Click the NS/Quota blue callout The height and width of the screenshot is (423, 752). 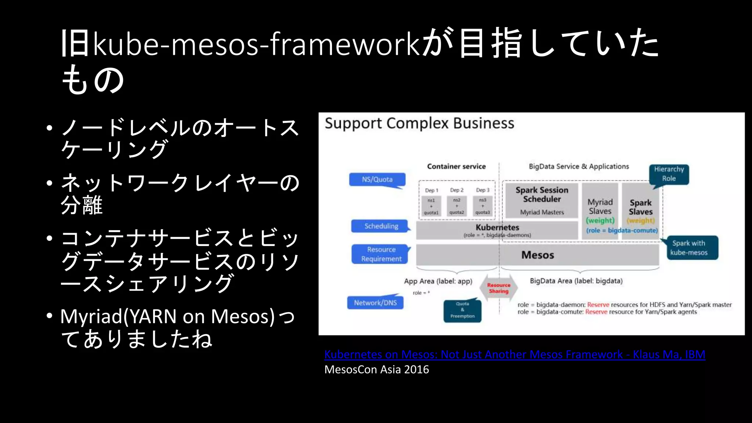(377, 180)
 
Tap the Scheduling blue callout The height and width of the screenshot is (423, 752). (381, 226)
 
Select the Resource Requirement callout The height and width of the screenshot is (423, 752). (381, 254)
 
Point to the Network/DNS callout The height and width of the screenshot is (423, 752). (375, 303)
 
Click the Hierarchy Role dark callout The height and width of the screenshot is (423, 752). (669, 174)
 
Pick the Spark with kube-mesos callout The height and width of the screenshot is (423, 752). (692, 248)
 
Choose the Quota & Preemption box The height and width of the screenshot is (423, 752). (462, 310)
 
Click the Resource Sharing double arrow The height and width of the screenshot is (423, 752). (498, 288)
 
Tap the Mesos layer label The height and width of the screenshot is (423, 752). (538, 255)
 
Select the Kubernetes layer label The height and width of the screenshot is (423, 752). (497, 228)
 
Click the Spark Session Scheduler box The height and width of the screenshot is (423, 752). (542, 200)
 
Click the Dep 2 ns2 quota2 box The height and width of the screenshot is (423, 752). (457, 206)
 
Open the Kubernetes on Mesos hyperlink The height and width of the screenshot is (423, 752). (514, 354)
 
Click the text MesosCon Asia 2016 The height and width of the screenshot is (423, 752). (376, 369)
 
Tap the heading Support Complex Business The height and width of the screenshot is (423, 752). (419, 123)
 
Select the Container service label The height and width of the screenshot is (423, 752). (456, 166)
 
